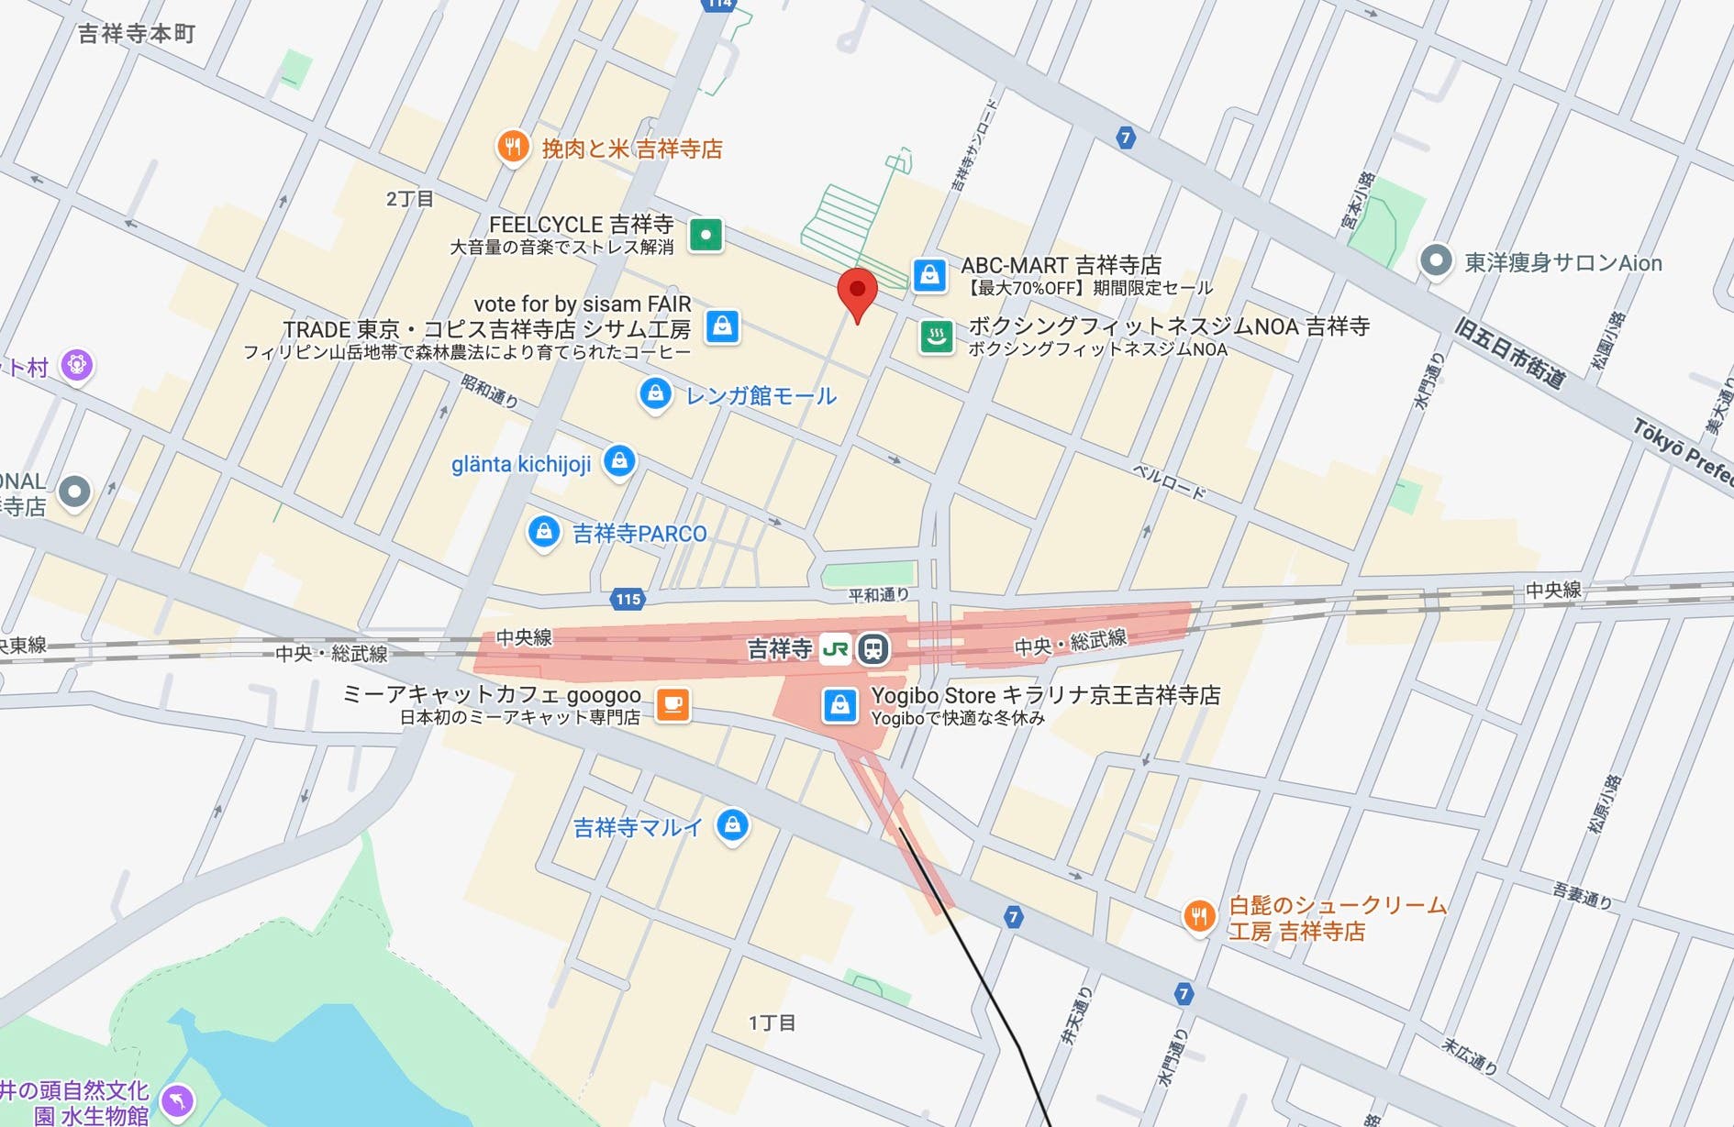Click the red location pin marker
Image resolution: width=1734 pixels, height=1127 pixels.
coord(857,293)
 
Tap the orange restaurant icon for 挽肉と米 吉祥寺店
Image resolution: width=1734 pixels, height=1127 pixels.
coord(513,146)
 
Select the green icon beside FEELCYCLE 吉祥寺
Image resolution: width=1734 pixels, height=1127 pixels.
coord(706,235)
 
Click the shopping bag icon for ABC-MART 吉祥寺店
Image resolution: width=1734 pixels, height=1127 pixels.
coord(929,274)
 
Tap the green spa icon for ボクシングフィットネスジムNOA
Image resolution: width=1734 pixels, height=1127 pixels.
coord(936,337)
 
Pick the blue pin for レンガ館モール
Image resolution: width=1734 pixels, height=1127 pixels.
coord(654,394)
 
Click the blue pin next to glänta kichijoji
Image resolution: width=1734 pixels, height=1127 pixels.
coord(619,459)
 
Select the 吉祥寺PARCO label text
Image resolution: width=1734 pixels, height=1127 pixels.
coord(639,534)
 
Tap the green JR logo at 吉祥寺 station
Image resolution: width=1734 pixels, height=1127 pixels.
coord(835,649)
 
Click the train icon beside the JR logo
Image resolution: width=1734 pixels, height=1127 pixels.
coord(873,649)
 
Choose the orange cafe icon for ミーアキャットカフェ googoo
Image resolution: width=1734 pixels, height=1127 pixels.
coord(672,704)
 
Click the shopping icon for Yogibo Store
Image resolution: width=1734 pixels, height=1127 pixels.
coord(839,705)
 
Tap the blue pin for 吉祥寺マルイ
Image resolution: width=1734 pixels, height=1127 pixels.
coord(732,824)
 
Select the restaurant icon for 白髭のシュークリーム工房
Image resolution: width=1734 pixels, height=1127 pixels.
coord(1198,915)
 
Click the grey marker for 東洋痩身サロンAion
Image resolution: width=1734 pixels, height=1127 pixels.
coord(1435,261)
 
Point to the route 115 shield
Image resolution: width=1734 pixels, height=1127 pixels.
coord(628,600)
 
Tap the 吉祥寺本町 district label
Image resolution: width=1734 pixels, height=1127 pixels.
coord(137,34)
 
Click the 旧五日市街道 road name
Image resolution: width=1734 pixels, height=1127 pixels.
coord(1509,353)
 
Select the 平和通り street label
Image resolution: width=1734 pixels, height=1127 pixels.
coord(877,595)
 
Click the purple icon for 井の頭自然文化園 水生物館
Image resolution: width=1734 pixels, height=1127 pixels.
coord(177,1099)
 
